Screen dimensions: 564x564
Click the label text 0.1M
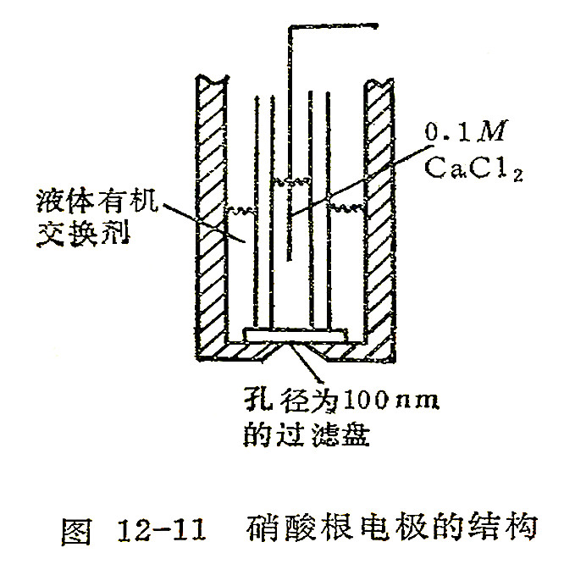coord(466,130)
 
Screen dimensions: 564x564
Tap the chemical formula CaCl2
coord(473,169)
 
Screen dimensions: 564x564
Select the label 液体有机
coord(97,200)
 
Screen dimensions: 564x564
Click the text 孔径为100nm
coord(342,399)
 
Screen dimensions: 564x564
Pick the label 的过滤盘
coord(307,434)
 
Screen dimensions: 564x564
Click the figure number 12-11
coord(162,530)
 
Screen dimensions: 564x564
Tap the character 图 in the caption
coord(76,530)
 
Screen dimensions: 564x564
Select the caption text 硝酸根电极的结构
coord(392,528)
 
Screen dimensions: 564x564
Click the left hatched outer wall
coord(212,216)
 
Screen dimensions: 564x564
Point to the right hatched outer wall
coord(380,219)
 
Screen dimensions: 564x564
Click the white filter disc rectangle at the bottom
coord(296,335)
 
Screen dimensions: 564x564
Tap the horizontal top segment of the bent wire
coord(333,26)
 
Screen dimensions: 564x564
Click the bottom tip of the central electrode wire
coord(289,260)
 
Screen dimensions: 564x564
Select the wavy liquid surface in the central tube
coord(291,180)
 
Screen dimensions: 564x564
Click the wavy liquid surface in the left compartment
coord(241,210)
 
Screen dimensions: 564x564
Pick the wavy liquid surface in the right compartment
coord(346,207)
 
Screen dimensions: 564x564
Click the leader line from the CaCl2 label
coord(362,180)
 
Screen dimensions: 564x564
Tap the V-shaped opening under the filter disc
coord(294,351)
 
